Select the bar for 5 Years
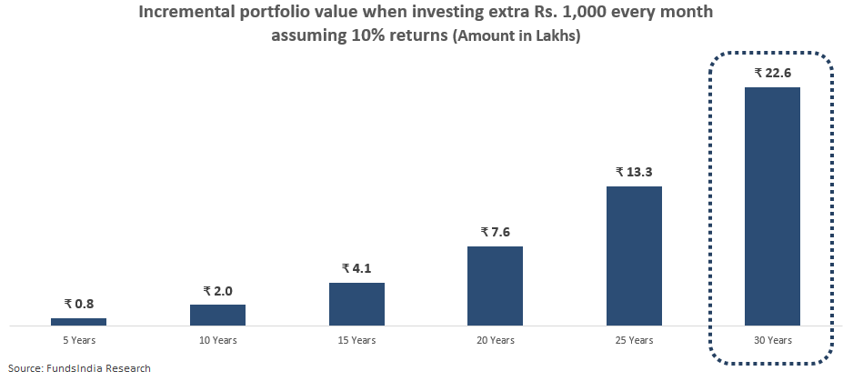point(78,321)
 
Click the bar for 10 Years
point(217,315)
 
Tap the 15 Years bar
point(356,304)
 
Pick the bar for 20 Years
point(495,286)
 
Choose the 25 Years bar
point(634,256)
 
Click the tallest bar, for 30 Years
point(772,206)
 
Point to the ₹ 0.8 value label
point(78,305)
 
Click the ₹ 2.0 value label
point(217,291)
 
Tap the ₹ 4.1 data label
point(356,268)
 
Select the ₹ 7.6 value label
point(495,232)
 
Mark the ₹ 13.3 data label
point(634,172)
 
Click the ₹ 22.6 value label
point(772,73)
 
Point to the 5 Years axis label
point(78,340)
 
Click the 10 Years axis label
point(217,340)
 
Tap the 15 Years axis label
point(356,340)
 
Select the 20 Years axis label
point(495,340)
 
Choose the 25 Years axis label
point(634,340)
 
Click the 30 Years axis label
point(772,340)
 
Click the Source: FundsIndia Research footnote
point(79,367)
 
